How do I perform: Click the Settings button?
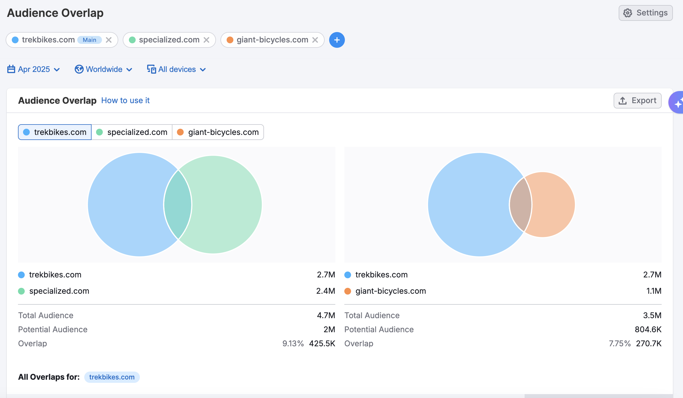pos(645,13)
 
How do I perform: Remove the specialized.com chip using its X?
pos(206,40)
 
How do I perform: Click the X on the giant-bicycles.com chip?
pos(315,40)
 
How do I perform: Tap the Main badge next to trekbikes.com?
pos(89,40)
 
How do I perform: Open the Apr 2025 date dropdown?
pos(34,69)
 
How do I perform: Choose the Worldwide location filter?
pos(103,69)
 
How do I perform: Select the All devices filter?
pos(177,69)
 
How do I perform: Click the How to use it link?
pos(125,100)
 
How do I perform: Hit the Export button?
pos(638,101)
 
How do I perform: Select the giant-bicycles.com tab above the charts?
pos(218,132)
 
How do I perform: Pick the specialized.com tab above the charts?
pos(132,132)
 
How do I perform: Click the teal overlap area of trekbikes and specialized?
pos(177,205)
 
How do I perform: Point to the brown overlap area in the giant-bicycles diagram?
pos(520,205)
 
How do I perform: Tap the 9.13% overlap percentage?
pos(293,343)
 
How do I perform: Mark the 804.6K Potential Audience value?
pos(648,329)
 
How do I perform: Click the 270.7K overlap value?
pos(648,343)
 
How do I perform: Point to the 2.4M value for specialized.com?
pos(325,291)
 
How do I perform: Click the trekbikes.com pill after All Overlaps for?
pos(112,377)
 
